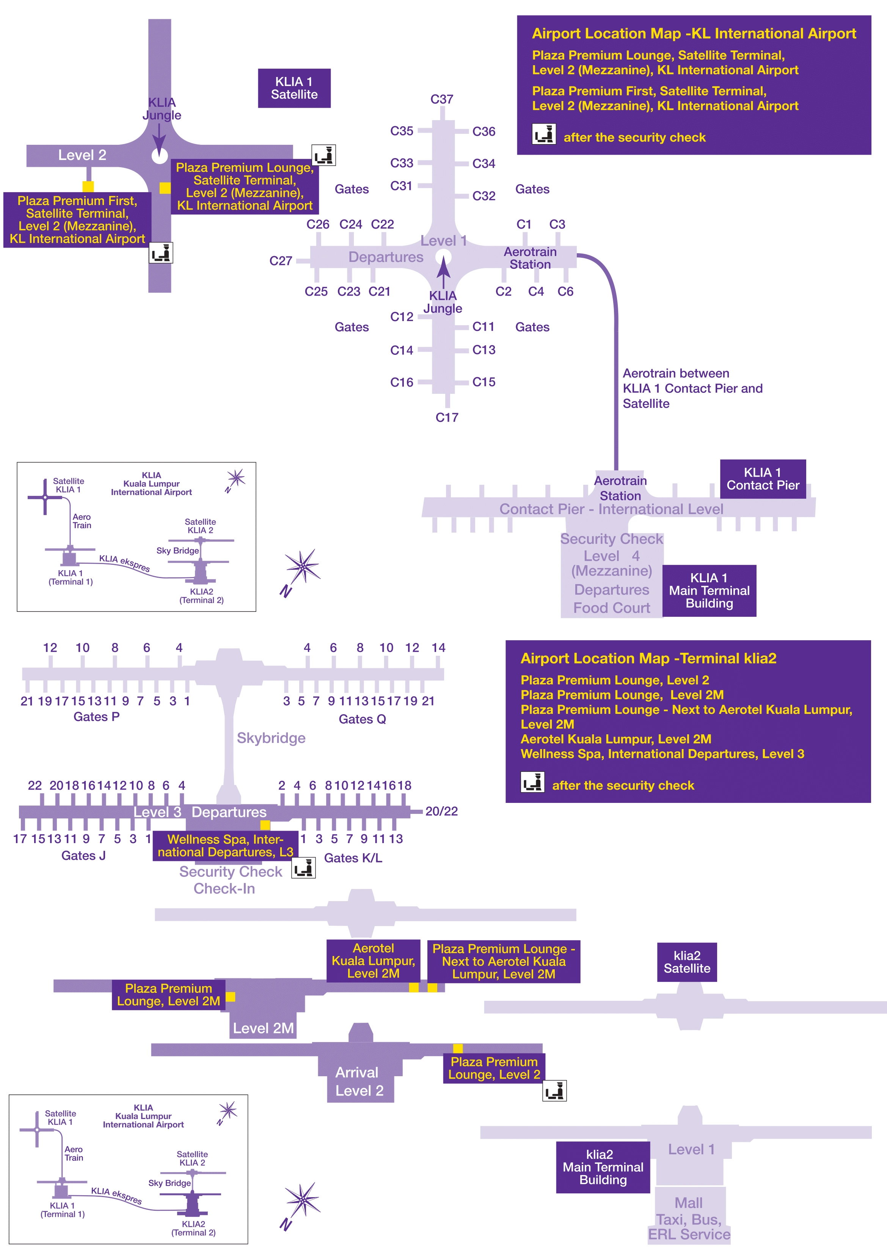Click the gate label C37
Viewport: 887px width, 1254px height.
point(441,99)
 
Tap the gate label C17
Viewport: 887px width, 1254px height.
point(446,417)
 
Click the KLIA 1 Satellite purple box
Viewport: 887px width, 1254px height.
point(294,88)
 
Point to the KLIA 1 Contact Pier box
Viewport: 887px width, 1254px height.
point(762,479)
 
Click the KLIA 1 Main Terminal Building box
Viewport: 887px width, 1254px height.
point(709,590)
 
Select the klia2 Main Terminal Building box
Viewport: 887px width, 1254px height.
point(603,1167)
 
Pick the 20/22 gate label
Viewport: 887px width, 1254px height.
point(441,811)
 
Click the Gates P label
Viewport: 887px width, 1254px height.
point(96,716)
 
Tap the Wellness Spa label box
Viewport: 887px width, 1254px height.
point(225,845)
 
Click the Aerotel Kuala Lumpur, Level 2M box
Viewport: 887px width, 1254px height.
point(373,961)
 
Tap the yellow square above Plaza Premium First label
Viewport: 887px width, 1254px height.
point(88,186)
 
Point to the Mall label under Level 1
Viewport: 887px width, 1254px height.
point(688,1203)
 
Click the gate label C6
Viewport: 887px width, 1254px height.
point(565,292)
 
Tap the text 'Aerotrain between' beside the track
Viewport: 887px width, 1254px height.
point(675,373)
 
